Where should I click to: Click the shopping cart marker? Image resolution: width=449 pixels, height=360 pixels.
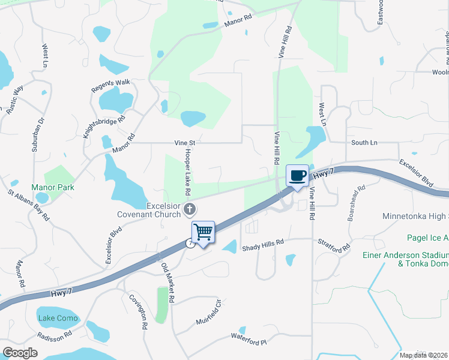(x=203, y=232)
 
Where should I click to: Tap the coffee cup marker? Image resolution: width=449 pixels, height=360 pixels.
(x=297, y=175)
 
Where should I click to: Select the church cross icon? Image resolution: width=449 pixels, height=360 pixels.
(x=190, y=209)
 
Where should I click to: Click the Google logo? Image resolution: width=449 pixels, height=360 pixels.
(x=20, y=353)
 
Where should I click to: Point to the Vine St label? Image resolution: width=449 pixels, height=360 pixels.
(x=185, y=143)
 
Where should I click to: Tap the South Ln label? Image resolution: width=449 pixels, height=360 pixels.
(x=364, y=143)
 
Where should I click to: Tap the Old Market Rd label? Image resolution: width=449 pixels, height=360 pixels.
(x=167, y=282)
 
